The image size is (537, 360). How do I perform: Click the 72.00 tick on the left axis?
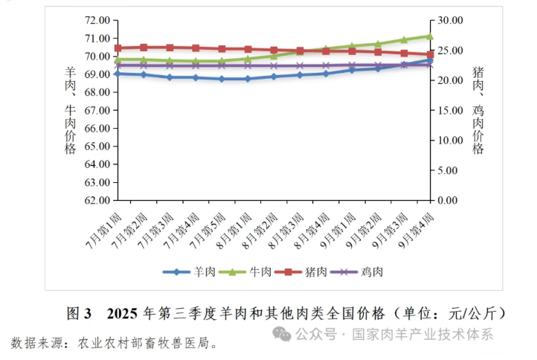tap(96, 20)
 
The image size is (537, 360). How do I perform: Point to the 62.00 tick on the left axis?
tap(96, 200)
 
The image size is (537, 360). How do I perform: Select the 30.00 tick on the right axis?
tap(451, 20)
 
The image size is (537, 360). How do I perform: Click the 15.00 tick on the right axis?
tap(451, 110)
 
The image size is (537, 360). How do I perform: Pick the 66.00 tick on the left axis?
tap(96, 128)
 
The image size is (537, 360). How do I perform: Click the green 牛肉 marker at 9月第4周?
tap(430, 36)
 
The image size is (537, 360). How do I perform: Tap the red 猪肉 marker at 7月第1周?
tap(118, 48)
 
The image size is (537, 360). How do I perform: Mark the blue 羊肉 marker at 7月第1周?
tap(118, 74)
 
